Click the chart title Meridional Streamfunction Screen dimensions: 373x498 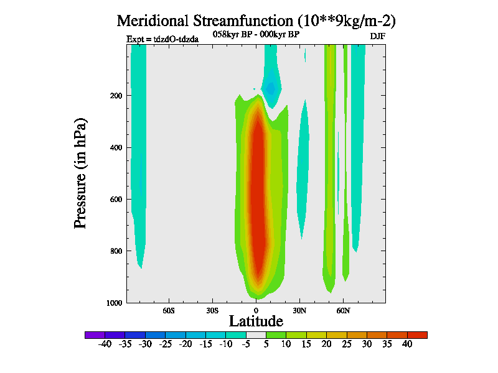[x=256, y=21]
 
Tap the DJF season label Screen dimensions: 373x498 [x=378, y=36]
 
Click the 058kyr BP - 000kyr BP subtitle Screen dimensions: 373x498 [x=256, y=34]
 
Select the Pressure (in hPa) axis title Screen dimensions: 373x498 [x=80, y=172]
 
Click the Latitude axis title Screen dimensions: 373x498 [x=256, y=321]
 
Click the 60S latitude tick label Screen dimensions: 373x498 [x=169, y=310]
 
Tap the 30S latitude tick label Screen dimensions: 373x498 [x=212, y=310]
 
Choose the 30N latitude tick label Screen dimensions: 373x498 [x=299, y=310]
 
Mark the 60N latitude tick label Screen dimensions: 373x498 [x=343, y=310]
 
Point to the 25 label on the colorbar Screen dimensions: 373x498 [x=347, y=344]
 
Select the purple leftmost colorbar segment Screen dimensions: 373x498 [x=95, y=335]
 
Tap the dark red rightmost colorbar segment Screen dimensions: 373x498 [x=418, y=335]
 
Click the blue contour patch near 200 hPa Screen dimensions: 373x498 [x=271, y=88]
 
